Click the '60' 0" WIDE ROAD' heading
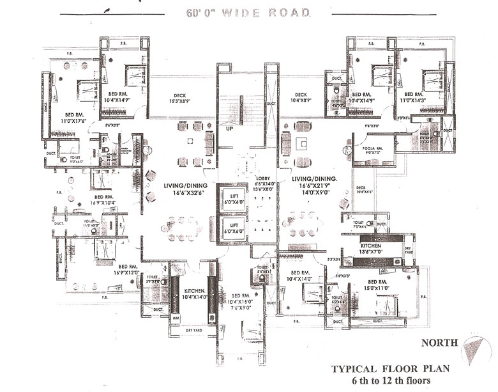tap(249, 13)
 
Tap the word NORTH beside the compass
tap(439, 343)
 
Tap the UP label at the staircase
tap(229, 128)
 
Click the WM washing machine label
tap(176, 317)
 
